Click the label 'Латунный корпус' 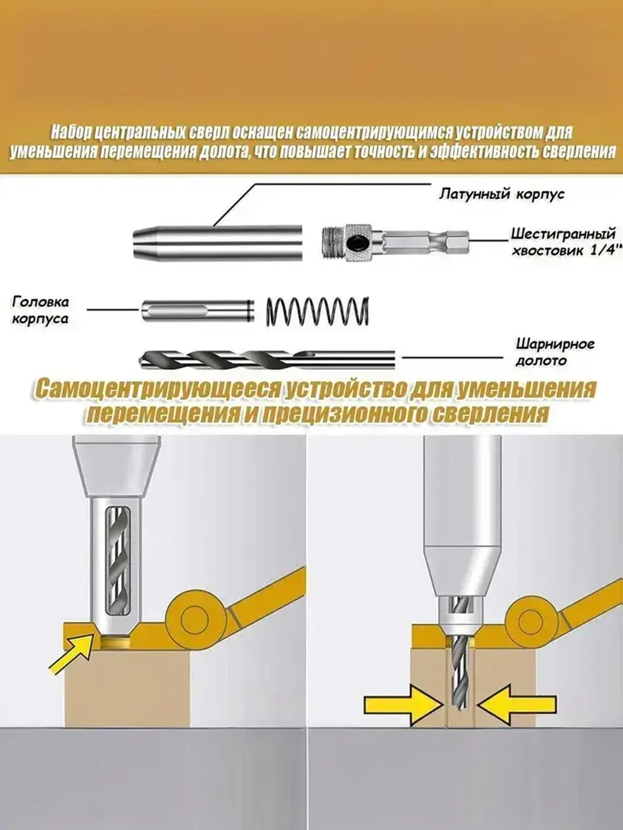tap(502, 194)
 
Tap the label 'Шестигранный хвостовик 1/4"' tap(563, 242)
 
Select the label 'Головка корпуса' tap(41, 310)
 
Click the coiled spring tap(318, 309)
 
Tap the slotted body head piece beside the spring tap(196, 311)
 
